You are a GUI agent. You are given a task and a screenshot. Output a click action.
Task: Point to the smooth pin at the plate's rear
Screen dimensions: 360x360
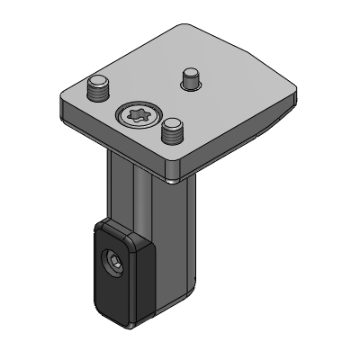click(x=190, y=78)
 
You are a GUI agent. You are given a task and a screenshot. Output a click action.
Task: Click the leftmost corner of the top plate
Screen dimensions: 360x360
click(x=61, y=99)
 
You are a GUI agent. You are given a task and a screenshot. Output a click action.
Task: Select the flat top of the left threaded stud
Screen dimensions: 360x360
click(x=97, y=84)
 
